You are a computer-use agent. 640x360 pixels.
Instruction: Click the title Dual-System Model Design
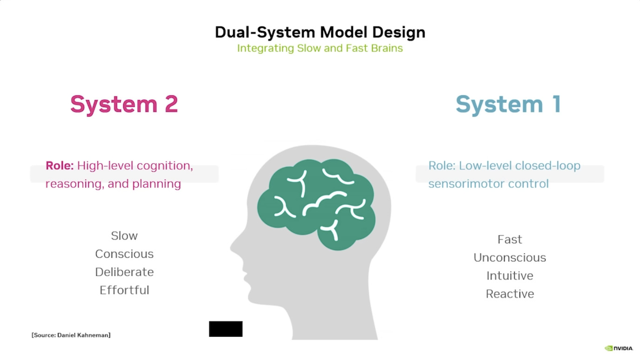click(320, 32)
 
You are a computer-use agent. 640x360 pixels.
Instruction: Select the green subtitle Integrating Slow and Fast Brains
click(320, 48)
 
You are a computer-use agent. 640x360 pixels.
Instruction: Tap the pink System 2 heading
click(124, 104)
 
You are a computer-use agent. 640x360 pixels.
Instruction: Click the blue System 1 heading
click(508, 104)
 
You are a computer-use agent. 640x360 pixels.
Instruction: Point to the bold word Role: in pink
click(60, 166)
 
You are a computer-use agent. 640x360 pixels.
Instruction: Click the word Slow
click(124, 236)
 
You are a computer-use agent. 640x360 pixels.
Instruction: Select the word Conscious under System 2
click(124, 254)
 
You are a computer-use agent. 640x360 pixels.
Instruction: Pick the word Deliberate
click(124, 272)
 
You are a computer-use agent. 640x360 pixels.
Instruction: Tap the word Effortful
click(124, 290)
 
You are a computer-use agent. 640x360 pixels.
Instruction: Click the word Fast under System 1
click(510, 240)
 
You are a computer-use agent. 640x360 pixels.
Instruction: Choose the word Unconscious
click(510, 258)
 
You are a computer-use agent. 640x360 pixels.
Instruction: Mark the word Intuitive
click(510, 276)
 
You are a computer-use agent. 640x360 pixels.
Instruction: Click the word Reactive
click(510, 294)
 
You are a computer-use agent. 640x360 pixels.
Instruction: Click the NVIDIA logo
click(619, 348)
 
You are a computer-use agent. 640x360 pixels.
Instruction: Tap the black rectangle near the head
click(226, 329)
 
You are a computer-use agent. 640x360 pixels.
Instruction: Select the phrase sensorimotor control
click(488, 184)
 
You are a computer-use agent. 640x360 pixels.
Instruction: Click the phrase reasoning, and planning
click(113, 184)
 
